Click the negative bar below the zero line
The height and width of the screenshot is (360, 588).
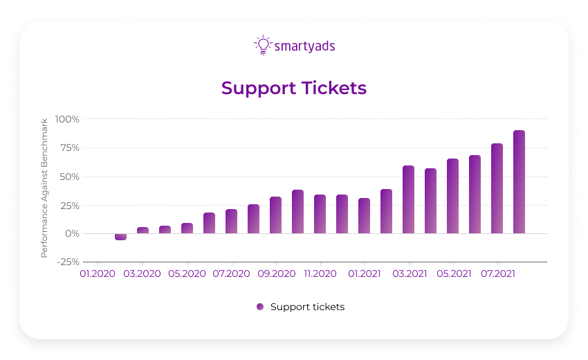coord(120,237)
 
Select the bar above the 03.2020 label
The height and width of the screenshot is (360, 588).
coord(143,230)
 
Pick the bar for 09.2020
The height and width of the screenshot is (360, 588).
coord(275,215)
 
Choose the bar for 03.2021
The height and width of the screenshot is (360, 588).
coord(408,199)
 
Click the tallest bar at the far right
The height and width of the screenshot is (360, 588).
coord(519,182)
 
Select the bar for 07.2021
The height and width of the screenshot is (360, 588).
coord(497,188)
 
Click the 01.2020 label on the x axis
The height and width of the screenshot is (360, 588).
coord(98,274)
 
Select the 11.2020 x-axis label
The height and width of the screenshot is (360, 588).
coord(320,274)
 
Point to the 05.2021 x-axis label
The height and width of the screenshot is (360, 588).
coord(453,274)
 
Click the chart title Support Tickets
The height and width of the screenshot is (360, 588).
coord(294,89)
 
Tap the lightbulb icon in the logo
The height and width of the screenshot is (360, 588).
coord(263,45)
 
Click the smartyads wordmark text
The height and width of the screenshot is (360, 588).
coord(305,46)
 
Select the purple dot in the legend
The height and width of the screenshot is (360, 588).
coord(260,307)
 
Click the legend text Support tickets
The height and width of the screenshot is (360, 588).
coord(307,307)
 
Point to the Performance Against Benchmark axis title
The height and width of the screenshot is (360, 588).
coord(44,188)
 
